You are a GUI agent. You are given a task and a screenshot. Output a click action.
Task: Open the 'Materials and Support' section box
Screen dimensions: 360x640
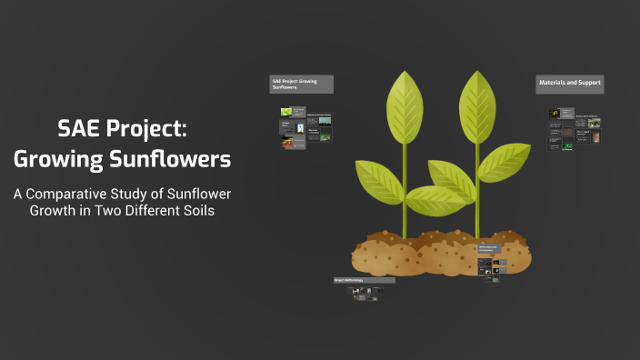570,83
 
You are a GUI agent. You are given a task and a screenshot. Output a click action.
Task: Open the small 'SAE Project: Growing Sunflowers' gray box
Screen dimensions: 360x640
301,84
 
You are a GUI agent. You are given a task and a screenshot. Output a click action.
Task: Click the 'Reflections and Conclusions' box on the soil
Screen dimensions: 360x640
488,249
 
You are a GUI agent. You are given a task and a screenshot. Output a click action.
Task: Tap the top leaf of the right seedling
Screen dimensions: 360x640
475,105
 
